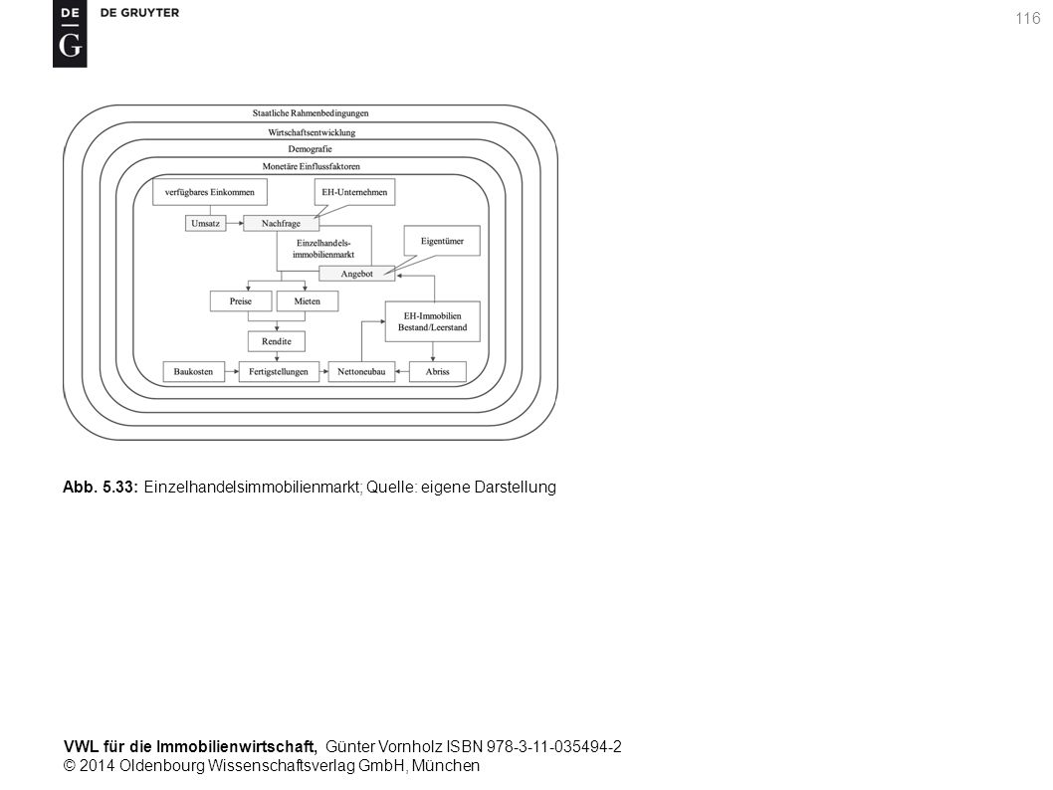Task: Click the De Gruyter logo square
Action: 70,34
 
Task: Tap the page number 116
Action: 1027,19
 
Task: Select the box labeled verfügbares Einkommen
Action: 210,192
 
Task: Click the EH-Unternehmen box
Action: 354,192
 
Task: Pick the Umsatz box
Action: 205,224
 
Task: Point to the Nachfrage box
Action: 281,224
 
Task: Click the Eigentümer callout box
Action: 442,241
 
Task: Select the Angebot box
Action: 356,274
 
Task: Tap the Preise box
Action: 241,301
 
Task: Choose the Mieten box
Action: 307,301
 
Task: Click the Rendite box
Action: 277,341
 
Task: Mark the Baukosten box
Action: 193,372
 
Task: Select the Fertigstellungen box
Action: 279,372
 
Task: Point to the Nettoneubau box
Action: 361,372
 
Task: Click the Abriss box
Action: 437,372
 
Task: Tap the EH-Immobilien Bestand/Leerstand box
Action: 433,321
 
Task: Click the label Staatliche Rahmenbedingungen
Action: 311,113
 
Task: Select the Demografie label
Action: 310,149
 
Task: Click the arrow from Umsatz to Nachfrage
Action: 234,224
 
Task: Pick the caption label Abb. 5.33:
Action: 101,488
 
